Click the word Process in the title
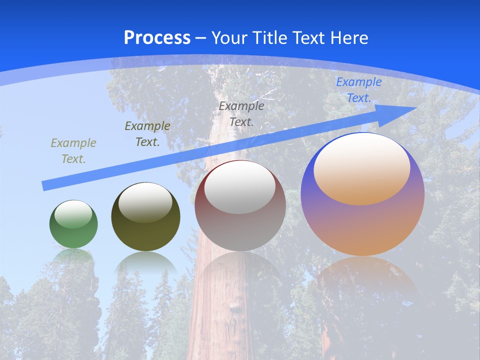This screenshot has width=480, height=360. pos(157,38)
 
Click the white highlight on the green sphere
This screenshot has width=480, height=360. pos(73,214)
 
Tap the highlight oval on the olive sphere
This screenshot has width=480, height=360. pos(145,202)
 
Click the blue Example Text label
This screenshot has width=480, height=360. pos(358,90)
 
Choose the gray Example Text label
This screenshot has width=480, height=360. pos(241,113)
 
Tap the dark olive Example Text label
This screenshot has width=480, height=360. pos(147,134)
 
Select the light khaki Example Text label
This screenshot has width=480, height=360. pos(73,151)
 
